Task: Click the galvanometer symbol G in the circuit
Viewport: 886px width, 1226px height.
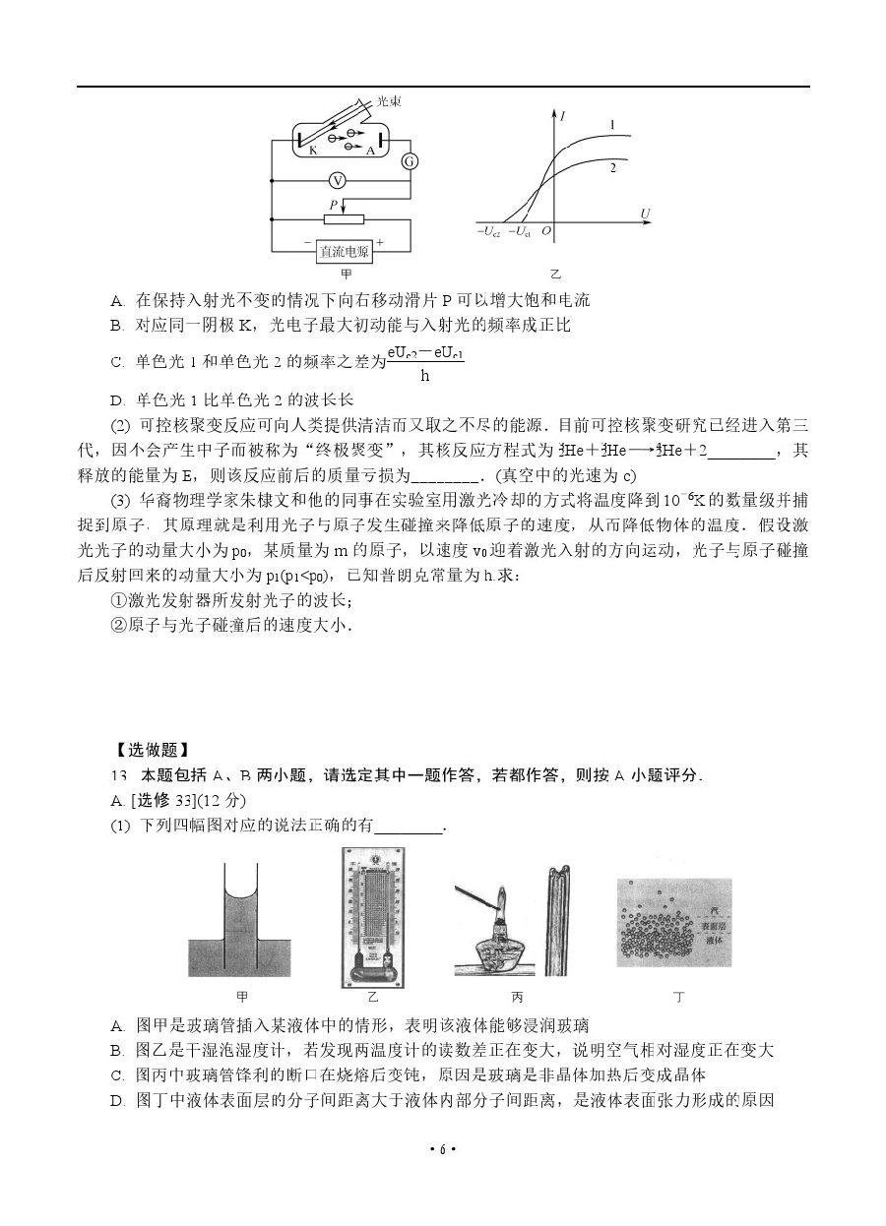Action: (411, 161)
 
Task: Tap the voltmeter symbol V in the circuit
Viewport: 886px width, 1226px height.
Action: (337, 181)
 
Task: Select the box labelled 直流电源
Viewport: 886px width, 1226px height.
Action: (344, 252)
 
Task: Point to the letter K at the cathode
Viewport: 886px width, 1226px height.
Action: (312, 151)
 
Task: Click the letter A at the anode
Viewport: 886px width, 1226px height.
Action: (370, 152)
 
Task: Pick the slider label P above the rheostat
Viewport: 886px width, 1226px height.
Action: (335, 205)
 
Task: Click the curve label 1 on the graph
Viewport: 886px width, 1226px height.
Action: (611, 125)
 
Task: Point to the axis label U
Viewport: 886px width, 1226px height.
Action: (645, 213)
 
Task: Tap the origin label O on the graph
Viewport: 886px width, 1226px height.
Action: (545, 232)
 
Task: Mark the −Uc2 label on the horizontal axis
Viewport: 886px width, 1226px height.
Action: (488, 232)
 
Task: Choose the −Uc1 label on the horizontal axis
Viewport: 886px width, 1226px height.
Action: (518, 232)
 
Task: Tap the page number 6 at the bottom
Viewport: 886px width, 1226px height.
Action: (443, 1149)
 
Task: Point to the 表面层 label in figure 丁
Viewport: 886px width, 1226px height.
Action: (715, 926)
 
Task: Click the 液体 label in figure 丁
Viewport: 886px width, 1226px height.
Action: (715, 942)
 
